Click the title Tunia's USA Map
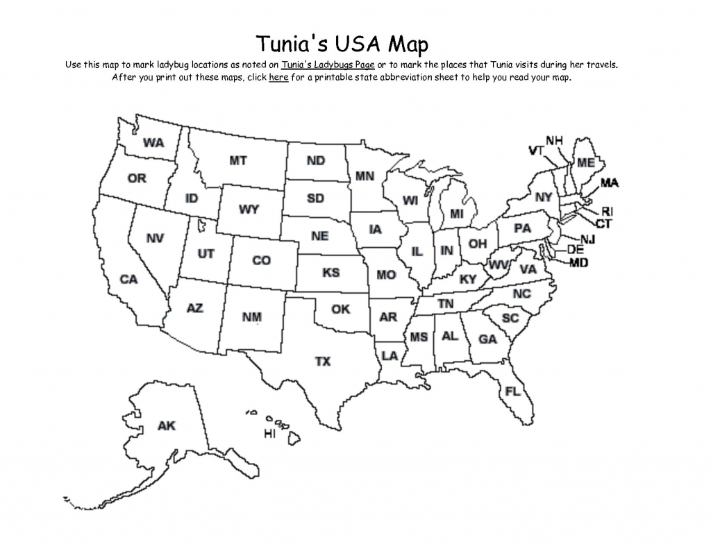pos(342,44)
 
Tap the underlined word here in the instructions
pos(278,77)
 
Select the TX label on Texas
pos(323,361)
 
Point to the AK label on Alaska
pos(167,425)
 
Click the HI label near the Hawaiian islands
pos(269,434)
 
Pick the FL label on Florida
pos(512,391)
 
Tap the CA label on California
pos(128,280)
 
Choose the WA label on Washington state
pos(153,143)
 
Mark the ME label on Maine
pos(585,162)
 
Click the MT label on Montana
pos(237,160)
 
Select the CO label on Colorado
pos(261,261)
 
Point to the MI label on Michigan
pos(456,214)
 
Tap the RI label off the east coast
pos(607,211)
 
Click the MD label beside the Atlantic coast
pos(579,263)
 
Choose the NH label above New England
pos(554,140)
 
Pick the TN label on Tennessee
pos(445,304)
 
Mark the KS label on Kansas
pos(331,273)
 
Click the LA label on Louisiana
pos(390,355)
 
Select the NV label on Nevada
pos(155,238)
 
